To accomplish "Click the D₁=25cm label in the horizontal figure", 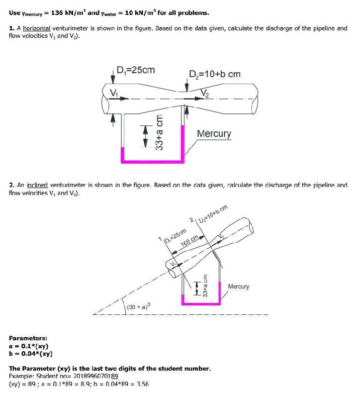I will point(135,70).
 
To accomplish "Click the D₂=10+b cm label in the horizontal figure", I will point(215,74).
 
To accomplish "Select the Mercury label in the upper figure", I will point(214,134).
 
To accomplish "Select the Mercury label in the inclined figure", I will point(239,287).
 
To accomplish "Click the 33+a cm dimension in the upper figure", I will point(159,133).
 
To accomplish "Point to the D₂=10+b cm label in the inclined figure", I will point(213,214).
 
